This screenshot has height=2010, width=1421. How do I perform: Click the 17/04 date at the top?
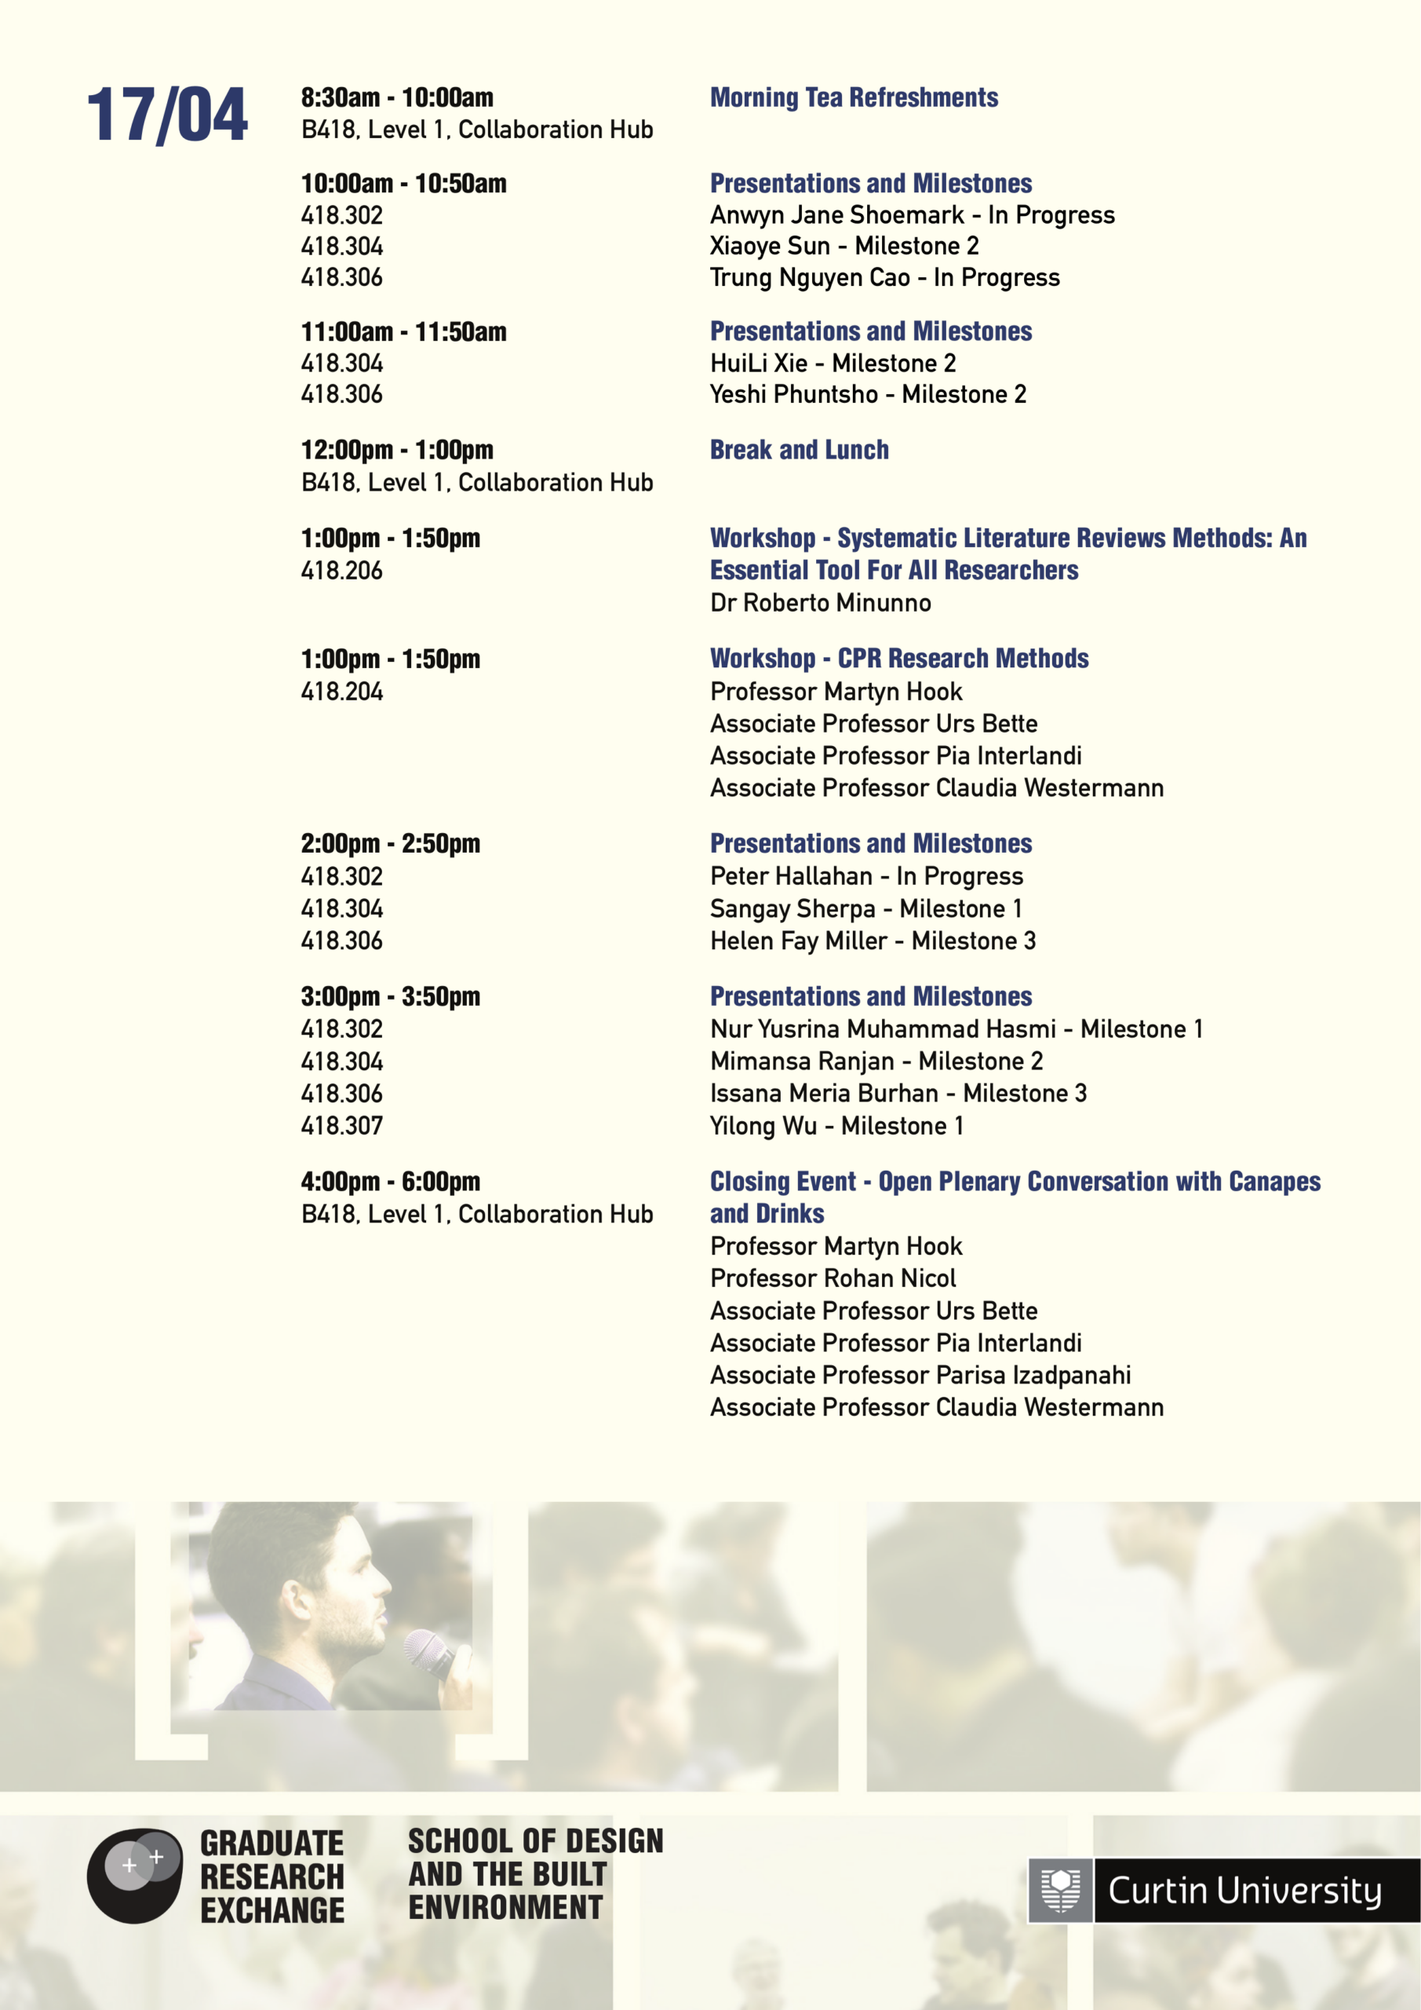click(166, 115)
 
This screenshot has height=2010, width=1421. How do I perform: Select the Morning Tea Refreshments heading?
click(853, 97)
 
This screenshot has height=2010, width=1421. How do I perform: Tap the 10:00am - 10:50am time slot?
click(403, 183)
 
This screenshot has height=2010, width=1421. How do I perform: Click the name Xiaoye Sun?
click(769, 246)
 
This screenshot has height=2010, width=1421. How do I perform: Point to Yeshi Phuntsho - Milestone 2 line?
click(867, 394)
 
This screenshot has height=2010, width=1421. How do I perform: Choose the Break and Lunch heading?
click(799, 449)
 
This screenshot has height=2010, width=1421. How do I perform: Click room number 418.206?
click(341, 571)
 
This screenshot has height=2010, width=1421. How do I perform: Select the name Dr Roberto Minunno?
click(820, 602)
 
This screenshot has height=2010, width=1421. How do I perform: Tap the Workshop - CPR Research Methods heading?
click(898, 658)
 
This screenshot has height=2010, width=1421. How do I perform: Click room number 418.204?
click(341, 692)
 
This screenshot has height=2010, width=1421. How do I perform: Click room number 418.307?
click(341, 1125)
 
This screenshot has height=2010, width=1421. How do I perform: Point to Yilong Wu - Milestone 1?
click(836, 1125)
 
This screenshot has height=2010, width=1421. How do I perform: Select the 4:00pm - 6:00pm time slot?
click(390, 1181)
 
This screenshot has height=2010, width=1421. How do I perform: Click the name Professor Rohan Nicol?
click(833, 1278)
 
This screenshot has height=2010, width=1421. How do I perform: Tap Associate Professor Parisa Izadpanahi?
click(920, 1375)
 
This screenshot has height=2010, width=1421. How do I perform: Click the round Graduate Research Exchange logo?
click(134, 1875)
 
